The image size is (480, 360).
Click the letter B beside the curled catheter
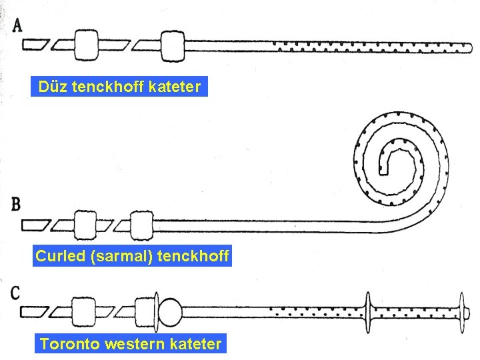click(15, 204)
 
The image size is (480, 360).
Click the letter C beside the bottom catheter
click(15, 292)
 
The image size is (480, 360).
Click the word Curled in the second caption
click(59, 255)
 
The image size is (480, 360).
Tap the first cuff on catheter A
click(87, 44)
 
